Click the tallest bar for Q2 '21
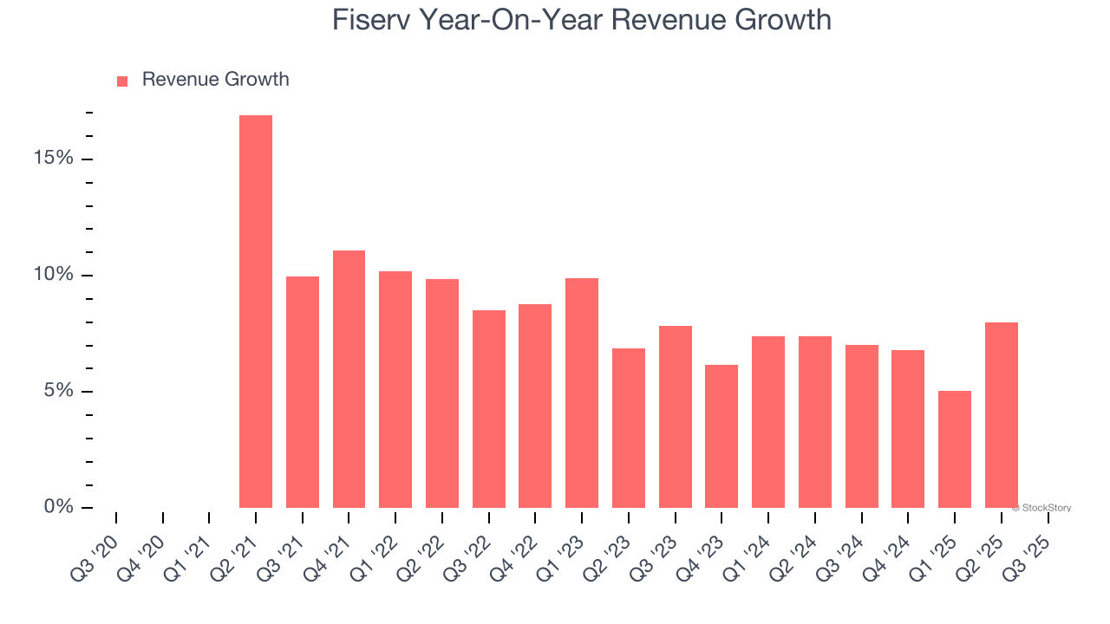256,312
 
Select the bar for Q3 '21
303,392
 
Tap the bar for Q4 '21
349,379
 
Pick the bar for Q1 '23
582,393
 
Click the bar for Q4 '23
721,436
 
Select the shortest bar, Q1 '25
955,449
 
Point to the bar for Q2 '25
1002,415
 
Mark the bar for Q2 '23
629,428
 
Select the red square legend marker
122,81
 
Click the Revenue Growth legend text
215,80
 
